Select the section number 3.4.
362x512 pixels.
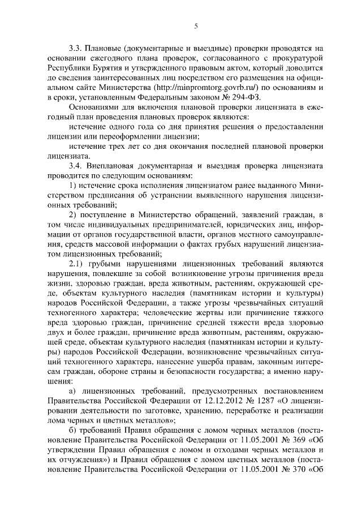click(75, 166)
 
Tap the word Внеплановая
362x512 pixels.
click(111, 166)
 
